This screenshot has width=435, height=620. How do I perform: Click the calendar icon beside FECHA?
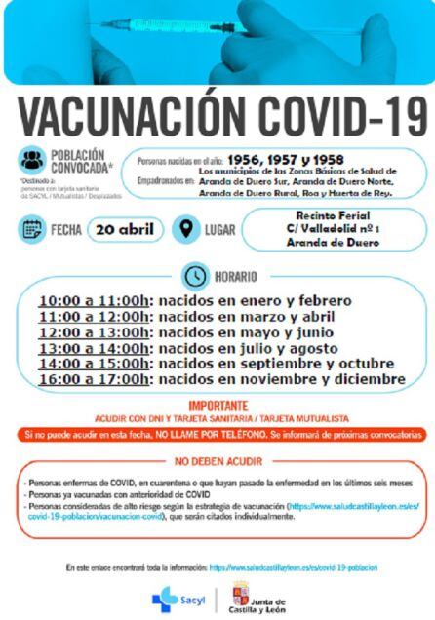click(x=33, y=231)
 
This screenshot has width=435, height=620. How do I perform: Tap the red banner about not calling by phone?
click(x=217, y=431)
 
